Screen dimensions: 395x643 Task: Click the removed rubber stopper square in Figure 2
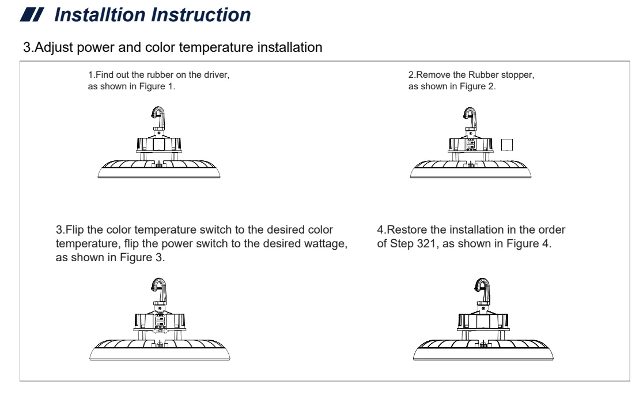pos(508,144)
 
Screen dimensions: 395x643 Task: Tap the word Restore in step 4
pos(404,231)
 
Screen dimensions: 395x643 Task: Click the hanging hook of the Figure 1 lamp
pos(157,115)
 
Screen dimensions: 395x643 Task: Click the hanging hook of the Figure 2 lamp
pos(471,115)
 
